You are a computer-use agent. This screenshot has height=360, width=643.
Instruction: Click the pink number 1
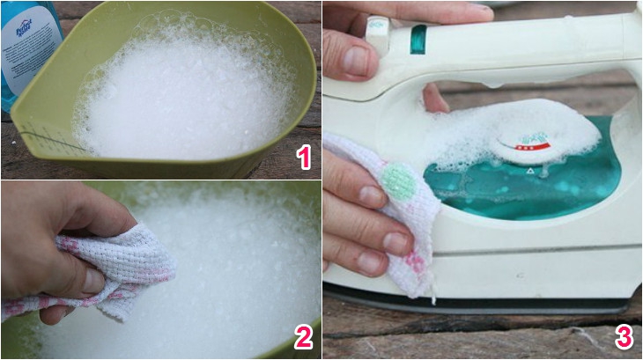pos(304,158)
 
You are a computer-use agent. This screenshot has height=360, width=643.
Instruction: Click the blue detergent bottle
pos(26,53)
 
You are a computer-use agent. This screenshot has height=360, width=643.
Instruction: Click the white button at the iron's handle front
pos(379,26)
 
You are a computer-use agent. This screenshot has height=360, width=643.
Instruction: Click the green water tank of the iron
pos(546,189)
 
